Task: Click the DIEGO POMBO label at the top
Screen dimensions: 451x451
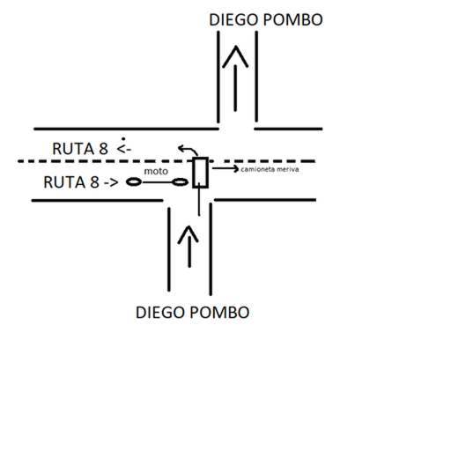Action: [266, 20]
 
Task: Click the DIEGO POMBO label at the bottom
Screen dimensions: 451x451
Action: [192, 313]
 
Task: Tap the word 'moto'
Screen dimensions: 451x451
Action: [156, 171]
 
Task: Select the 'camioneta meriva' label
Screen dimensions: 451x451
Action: [270, 169]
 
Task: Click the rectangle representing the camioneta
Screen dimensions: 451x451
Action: [201, 173]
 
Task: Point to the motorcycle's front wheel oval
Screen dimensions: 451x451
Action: [180, 182]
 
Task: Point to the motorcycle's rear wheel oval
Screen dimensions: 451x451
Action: [134, 182]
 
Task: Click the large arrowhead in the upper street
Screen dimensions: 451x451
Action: [235, 56]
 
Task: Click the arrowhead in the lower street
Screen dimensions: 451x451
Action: [189, 234]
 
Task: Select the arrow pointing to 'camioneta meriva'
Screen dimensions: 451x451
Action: [225, 168]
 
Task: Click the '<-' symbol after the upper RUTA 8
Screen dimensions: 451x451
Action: [123, 149]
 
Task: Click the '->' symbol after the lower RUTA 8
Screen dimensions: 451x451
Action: [111, 182]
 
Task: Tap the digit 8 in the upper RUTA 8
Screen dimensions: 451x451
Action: [103, 149]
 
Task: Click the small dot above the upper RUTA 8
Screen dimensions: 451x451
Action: [123, 139]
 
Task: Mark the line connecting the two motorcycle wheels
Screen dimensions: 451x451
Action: [157, 182]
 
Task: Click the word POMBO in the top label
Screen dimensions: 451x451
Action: [293, 20]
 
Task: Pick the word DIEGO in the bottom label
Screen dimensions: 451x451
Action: [160, 313]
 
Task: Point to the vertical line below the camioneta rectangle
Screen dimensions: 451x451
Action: [199, 200]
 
